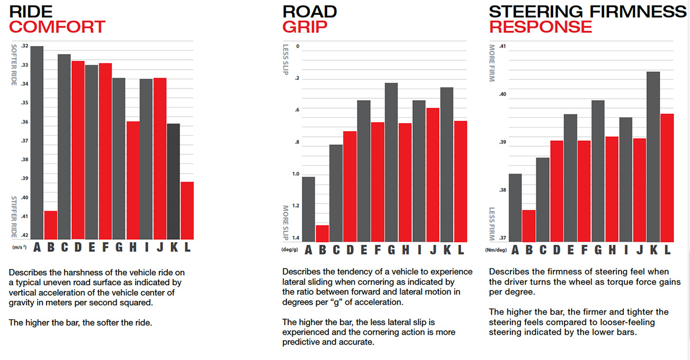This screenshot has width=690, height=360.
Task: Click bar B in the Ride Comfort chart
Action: [51, 225]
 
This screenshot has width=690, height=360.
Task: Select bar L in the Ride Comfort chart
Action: [187, 210]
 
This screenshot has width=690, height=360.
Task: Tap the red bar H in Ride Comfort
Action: [133, 180]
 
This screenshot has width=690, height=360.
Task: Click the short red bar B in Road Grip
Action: [323, 233]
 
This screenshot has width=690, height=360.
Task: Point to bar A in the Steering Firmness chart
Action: [515, 208]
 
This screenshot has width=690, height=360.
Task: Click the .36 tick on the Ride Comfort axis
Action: [25, 122]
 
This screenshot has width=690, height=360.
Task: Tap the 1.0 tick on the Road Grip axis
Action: [296, 174]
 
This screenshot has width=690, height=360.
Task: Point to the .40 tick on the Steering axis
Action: [503, 94]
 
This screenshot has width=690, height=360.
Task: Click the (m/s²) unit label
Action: [20, 247]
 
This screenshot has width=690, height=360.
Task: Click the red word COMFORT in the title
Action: [57, 26]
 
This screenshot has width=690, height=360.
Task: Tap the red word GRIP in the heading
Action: [305, 26]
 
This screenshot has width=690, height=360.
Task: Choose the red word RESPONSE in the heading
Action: [540, 26]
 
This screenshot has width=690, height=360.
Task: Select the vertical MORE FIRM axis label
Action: [492, 63]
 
